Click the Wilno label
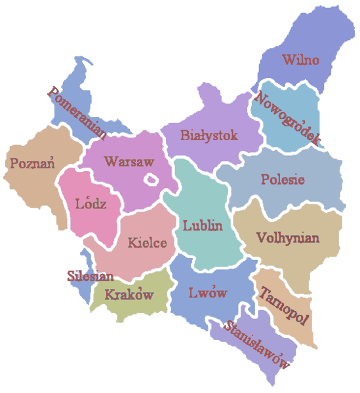coord(301,60)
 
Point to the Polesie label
coord(283,179)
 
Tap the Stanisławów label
coord(257,345)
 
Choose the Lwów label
coord(207,293)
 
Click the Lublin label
coord(203,226)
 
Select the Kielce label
coord(148,243)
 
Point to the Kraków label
coord(129,293)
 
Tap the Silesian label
coord(90,276)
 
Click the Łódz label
coord(91,204)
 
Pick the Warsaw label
coord(129,161)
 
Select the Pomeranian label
coord(77,113)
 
